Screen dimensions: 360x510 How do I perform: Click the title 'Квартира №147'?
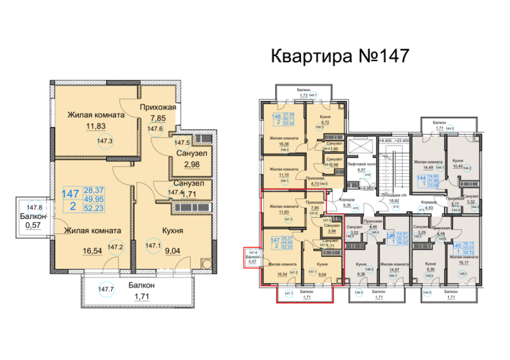click(x=339, y=55)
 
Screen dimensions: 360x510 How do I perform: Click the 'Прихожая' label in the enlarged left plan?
click(x=159, y=107)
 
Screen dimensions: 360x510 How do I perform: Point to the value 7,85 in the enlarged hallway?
click(x=156, y=118)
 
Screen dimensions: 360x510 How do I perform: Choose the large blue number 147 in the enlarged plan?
click(x=70, y=194)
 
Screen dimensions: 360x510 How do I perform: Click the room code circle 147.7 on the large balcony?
click(x=106, y=290)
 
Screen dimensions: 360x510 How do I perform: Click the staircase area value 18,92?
click(x=393, y=201)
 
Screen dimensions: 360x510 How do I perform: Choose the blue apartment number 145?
click(x=456, y=246)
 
